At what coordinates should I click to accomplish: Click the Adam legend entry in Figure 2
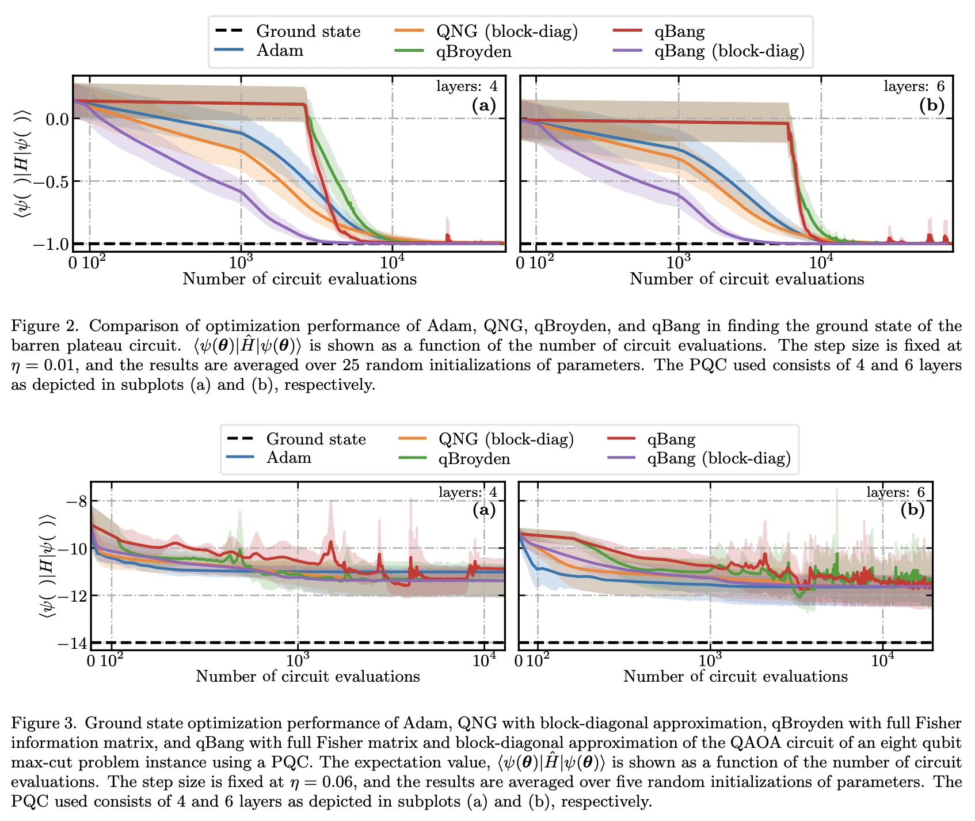pos(279,51)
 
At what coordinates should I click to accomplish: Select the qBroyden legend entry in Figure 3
pos(474,459)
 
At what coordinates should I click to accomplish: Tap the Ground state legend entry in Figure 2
pos(308,31)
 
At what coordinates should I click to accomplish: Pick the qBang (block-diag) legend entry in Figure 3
pos(718,458)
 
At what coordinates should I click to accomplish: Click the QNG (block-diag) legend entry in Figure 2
pos(506,31)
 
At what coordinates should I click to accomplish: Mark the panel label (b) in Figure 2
pos(932,105)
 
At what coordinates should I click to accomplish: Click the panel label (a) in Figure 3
pos(483,510)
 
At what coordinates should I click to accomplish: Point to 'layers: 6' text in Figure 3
pos(896,492)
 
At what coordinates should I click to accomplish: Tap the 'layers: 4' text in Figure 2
pos(467,86)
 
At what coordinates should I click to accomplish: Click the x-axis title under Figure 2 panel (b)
pos(747,279)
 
